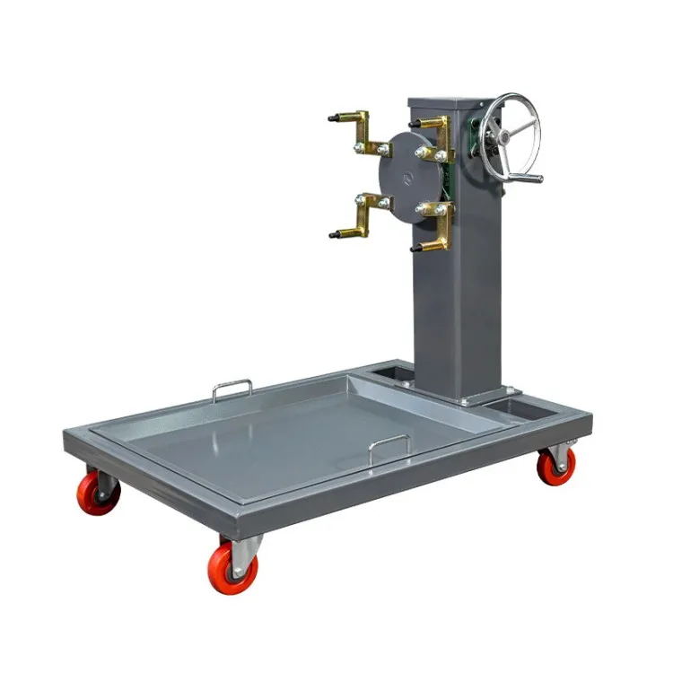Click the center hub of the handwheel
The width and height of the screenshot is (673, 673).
[x=504, y=135]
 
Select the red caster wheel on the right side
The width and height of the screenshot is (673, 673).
[x=556, y=467]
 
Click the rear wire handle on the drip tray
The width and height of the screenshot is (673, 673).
[x=232, y=388]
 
